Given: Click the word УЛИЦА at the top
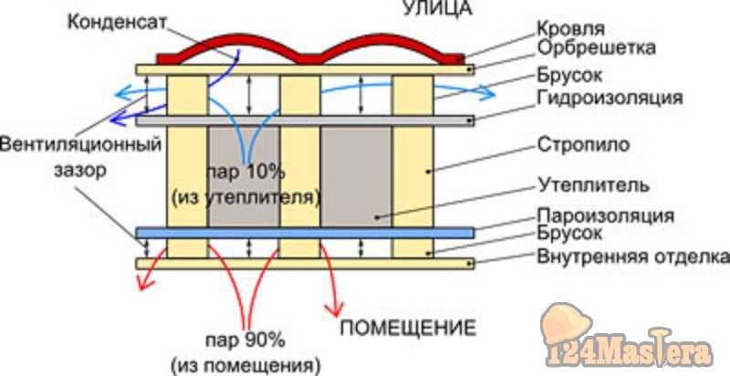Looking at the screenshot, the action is coord(437,8).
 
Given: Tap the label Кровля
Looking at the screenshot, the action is coord(571,29).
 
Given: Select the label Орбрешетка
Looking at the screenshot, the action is coord(597,47).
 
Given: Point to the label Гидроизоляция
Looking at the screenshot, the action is coord(610,99).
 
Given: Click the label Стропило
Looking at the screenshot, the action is coord(584,145).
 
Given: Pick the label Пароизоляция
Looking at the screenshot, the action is coord(606,216).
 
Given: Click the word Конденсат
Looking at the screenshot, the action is coord(117,22).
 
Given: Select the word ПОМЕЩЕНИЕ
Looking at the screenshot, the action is coord(408,328).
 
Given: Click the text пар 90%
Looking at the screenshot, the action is coord(245,340).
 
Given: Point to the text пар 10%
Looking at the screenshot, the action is coord(245,172).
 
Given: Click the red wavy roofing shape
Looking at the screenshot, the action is coord(311,50).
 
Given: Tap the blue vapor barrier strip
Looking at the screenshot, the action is coord(305,233).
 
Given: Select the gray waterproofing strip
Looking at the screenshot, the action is coord(305,120).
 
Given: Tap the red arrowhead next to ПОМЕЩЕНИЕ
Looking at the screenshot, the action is coord(334,309).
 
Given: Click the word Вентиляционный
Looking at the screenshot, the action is coord(80,144).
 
